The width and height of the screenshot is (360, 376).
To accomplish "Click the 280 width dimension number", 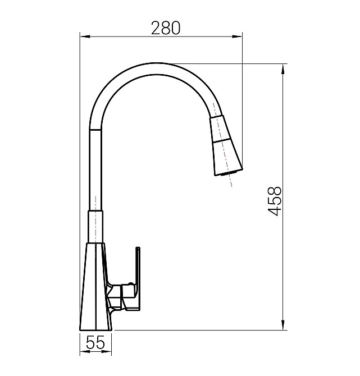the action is coord(165,28).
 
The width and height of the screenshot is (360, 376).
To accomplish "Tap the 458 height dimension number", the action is coord(274,201).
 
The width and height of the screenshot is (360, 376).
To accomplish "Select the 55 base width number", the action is coord(95,342).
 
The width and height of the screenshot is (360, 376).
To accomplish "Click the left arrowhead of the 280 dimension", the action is coord(85,36).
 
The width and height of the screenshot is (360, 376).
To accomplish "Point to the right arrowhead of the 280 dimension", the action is coord(237,36).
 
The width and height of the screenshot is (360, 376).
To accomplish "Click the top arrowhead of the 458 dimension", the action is coord(283,69).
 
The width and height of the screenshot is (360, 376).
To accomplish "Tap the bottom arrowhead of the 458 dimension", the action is coord(283,325).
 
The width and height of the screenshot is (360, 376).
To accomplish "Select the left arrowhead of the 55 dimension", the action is coord(84,352).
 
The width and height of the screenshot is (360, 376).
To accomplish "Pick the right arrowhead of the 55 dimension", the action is coord(107,352).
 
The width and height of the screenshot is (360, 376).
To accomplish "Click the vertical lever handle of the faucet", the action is coord(138,278).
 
